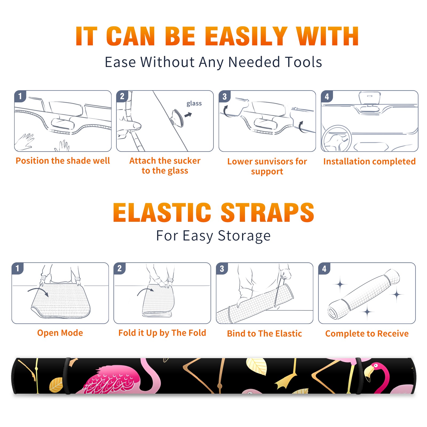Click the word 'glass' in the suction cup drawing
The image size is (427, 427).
coord(194,104)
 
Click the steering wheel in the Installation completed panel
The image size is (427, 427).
coord(337,138)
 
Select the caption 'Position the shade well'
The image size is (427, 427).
coord(63,161)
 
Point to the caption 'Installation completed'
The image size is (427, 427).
coord(369,161)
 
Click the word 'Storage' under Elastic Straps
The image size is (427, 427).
coord(244,236)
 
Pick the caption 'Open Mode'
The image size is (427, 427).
coord(60,333)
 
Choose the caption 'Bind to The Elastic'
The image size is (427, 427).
coord(264,334)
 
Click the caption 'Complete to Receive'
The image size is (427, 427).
coord(367,334)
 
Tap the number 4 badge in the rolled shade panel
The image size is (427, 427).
coord(324,268)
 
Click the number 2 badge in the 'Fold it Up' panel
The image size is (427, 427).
coord(120,268)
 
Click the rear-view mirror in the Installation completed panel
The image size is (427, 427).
coord(369,99)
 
